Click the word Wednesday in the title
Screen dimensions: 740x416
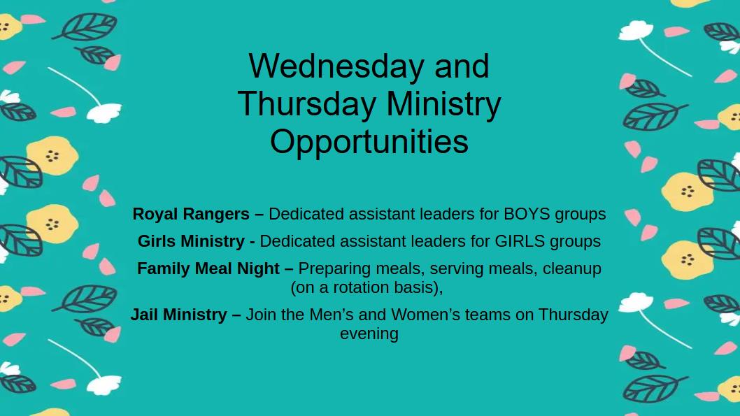(336, 66)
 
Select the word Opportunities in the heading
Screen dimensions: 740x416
(369, 142)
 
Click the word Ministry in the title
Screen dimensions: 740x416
(443, 105)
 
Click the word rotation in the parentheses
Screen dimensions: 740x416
(357, 288)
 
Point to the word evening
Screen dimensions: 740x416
(369, 334)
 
